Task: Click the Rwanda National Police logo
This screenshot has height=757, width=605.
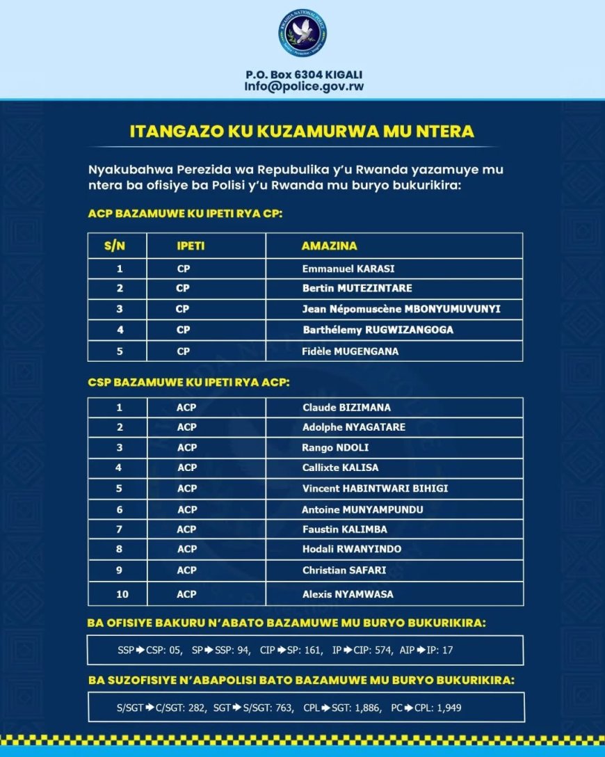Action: click(x=302, y=33)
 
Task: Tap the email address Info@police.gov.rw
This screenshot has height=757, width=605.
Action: click(x=304, y=87)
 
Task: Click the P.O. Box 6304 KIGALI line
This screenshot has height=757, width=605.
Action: click(x=304, y=74)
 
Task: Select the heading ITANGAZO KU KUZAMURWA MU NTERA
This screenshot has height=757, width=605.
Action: click(x=302, y=132)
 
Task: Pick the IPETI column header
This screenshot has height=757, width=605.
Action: click(x=191, y=246)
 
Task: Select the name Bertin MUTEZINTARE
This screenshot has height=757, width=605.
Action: click(x=357, y=288)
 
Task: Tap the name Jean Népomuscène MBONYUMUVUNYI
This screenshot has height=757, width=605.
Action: click(x=401, y=309)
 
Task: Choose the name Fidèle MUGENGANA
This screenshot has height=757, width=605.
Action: click(x=350, y=351)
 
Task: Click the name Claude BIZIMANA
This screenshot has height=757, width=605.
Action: click(x=346, y=407)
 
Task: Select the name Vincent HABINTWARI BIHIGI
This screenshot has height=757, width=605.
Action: click(x=375, y=488)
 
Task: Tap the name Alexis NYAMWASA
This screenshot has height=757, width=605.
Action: click(x=348, y=594)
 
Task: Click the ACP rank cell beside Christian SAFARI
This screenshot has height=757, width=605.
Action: click(x=186, y=571)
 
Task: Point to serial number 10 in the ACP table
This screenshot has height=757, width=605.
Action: click(x=119, y=594)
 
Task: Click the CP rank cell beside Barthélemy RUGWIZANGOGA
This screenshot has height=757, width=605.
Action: click(x=183, y=330)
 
